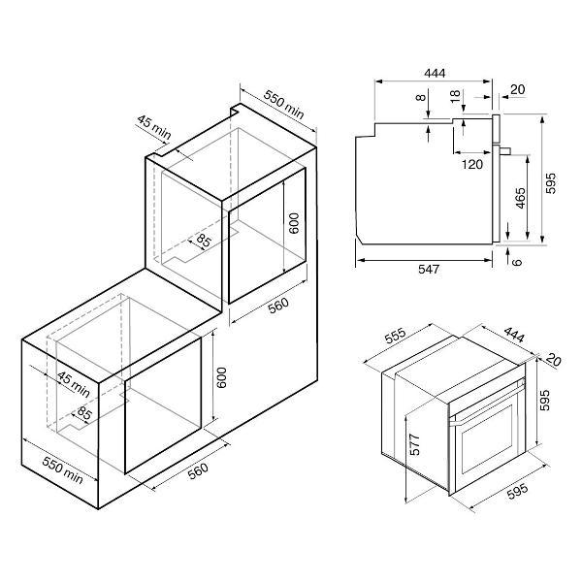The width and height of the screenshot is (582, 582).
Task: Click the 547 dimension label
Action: pyautogui.click(x=429, y=269)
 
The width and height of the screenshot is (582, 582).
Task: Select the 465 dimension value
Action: pyautogui.click(x=520, y=198)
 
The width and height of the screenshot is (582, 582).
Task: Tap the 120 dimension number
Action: pyautogui.click(x=472, y=164)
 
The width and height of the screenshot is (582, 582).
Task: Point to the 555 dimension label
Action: pyautogui.click(x=396, y=336)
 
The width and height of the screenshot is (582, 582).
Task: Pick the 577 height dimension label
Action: pyautogui.click(x=414, y=444)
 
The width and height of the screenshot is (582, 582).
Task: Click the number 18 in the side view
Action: pyautogui.click(x=455, y=96)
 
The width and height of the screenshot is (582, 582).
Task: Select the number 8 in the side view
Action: pyautogui.click(x=421, y=98)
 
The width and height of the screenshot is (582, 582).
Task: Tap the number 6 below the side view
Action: pyautogui.click(x=517, y=262)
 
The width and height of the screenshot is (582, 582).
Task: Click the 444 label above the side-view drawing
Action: pyautogui.click(x=435, y=73)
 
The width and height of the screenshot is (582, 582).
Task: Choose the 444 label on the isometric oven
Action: pyautogui.click(x=514, y=335)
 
